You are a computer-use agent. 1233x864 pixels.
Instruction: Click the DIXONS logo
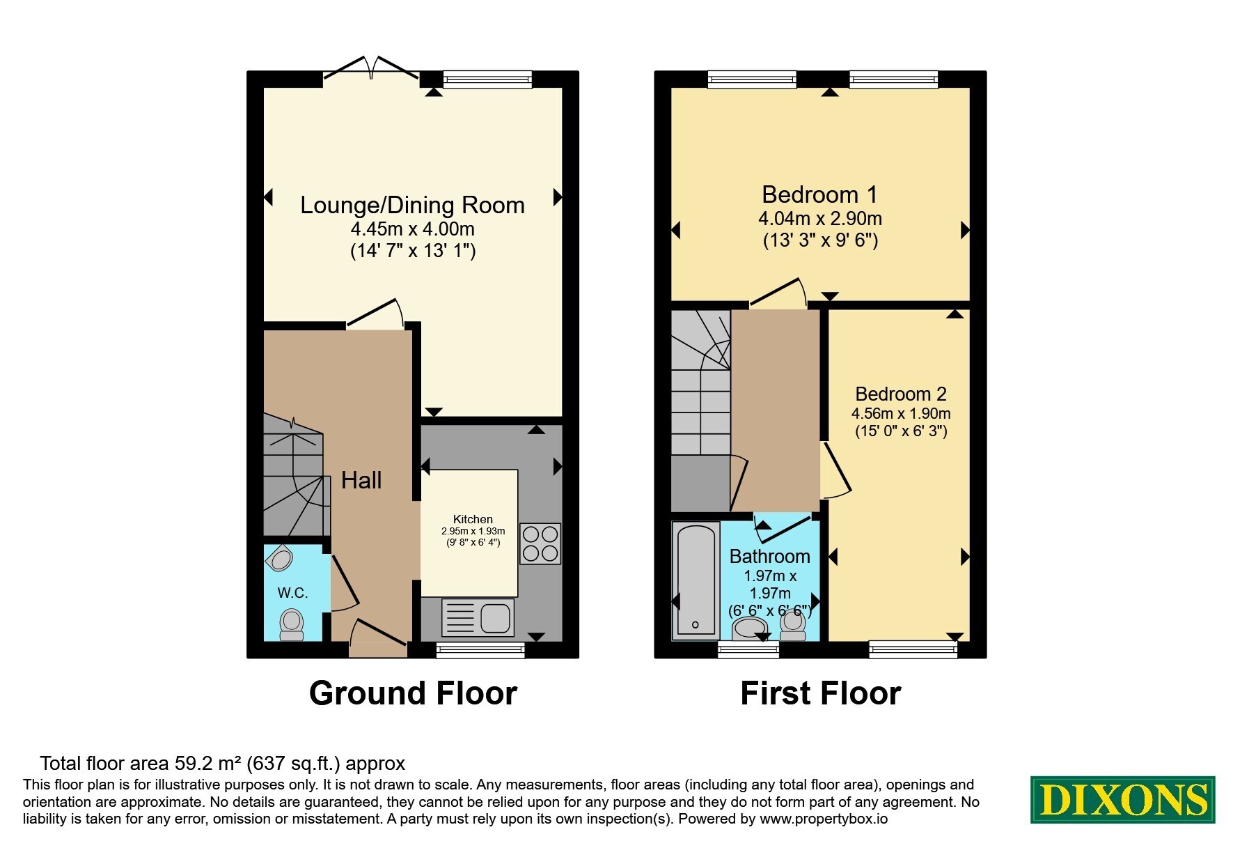[1122, 800]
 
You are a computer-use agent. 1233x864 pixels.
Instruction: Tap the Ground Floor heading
[413, 693]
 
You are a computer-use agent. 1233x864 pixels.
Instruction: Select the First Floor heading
[820, 693]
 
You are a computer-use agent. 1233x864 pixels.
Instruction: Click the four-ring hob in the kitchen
[540, 543]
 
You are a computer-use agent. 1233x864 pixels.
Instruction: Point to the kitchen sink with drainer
[478, 617]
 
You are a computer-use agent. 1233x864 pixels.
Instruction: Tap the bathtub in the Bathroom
[696, 580]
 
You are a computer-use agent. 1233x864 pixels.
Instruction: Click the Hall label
[361, 480]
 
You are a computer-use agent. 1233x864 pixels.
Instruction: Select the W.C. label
[292, 593]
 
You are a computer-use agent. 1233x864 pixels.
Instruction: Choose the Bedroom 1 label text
[819, 194]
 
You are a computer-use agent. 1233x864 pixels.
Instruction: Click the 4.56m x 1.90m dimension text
[901, 413]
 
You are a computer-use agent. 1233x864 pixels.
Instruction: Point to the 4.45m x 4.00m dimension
[413, 229]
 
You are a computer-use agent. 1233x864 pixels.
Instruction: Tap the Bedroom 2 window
[913, 649]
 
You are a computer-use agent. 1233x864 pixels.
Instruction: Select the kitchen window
[480, 649]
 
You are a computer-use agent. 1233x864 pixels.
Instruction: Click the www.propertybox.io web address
[824, 819]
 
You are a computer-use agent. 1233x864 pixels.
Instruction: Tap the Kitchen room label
[473, 519]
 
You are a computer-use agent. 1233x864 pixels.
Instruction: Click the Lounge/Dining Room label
[412, 205]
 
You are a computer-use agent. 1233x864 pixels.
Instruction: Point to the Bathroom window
[748, 649]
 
